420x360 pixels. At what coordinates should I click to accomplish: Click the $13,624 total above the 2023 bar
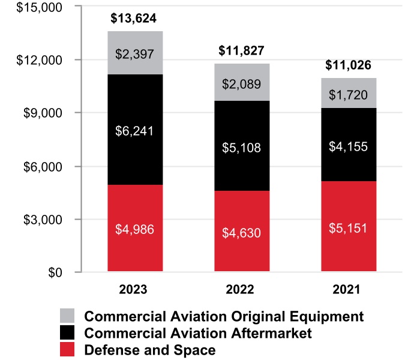136,18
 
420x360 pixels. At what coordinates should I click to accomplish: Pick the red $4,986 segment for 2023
136,228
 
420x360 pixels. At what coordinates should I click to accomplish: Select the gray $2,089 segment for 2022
242,83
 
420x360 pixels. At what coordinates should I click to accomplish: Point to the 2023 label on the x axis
136,290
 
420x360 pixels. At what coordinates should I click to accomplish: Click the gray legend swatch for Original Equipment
67,316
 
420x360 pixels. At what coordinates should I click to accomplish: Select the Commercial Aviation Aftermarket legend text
198,332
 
